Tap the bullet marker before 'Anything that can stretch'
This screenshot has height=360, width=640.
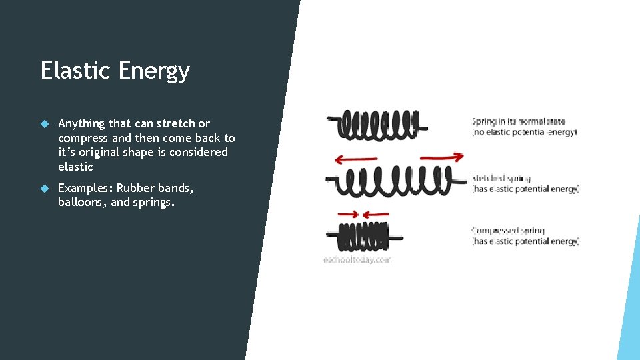45,124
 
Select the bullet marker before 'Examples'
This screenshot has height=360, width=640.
45,189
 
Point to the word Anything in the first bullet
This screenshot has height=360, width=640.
81,124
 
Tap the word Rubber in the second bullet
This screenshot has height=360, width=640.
136,188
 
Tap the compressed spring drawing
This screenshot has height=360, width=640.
364,235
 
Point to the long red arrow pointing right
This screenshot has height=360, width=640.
441,157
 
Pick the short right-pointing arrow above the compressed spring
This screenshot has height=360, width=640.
348,214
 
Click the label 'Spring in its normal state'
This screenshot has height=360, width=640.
518,121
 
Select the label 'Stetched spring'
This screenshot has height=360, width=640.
501,178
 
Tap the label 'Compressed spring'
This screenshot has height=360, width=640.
508,231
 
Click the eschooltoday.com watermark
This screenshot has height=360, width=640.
357,260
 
